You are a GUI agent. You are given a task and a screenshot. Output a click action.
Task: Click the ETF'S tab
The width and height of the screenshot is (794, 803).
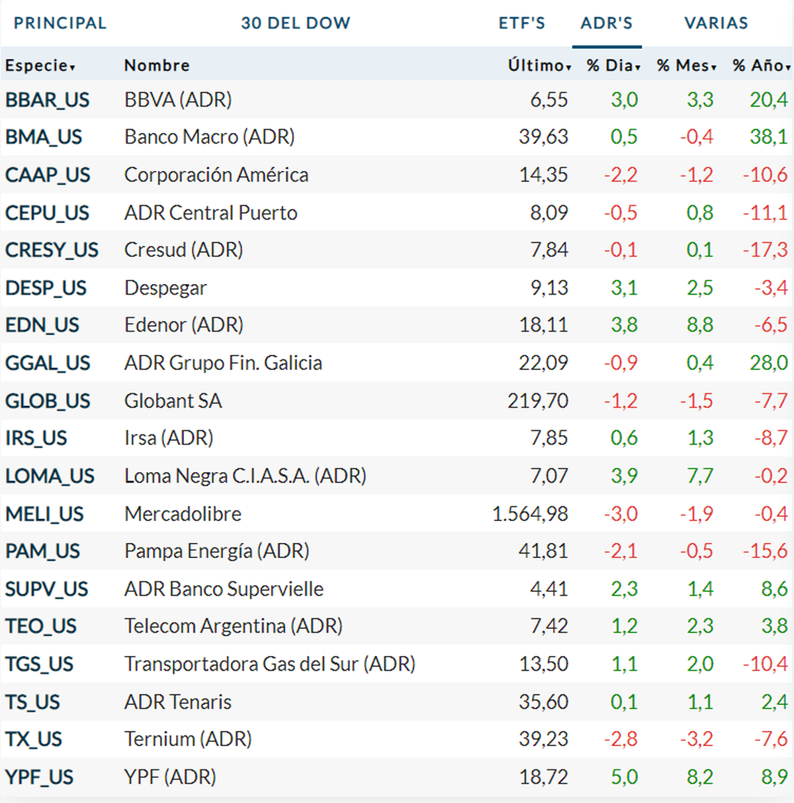(x=521, y=23)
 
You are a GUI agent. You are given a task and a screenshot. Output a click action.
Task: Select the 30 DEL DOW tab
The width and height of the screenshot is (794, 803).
(x=295, y=23)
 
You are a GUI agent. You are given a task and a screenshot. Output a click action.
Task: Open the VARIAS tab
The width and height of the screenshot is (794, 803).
(x=716, y=23)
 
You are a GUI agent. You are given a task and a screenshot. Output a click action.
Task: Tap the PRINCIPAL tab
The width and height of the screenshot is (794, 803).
(x=60, y=23)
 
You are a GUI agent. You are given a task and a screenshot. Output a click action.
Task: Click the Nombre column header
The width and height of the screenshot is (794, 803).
(x=157, y=66)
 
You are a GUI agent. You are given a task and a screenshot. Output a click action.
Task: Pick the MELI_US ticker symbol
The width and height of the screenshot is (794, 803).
(x=44, y=514)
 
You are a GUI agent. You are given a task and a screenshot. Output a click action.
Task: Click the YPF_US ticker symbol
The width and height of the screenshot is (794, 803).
(x=40, y=777)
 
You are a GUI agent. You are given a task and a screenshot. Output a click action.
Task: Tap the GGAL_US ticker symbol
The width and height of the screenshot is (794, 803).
(x=48, y=363)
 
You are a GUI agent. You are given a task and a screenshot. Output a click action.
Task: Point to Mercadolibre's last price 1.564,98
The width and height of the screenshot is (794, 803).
(x=530, y=514)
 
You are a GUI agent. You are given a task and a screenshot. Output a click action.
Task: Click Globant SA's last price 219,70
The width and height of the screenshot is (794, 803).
(x=537, y=401)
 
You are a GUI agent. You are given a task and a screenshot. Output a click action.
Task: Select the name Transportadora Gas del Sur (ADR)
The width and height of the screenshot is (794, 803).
(x=270, y=664)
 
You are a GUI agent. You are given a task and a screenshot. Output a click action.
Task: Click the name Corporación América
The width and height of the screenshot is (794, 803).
(x=216, y=175)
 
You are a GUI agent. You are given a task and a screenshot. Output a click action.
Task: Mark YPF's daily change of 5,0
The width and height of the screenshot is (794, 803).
(x=624, y=777)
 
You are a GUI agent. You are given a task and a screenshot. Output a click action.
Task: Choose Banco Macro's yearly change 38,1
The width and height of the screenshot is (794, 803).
(x=768, y=137)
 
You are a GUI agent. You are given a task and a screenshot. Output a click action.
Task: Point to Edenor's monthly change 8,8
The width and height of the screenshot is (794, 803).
(x=699, y=325)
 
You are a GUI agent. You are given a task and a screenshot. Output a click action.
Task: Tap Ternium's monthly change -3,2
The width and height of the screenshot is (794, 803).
(x=697, y=739)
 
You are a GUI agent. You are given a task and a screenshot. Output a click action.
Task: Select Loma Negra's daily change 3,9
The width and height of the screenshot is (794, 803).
(x=624, y=476)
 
